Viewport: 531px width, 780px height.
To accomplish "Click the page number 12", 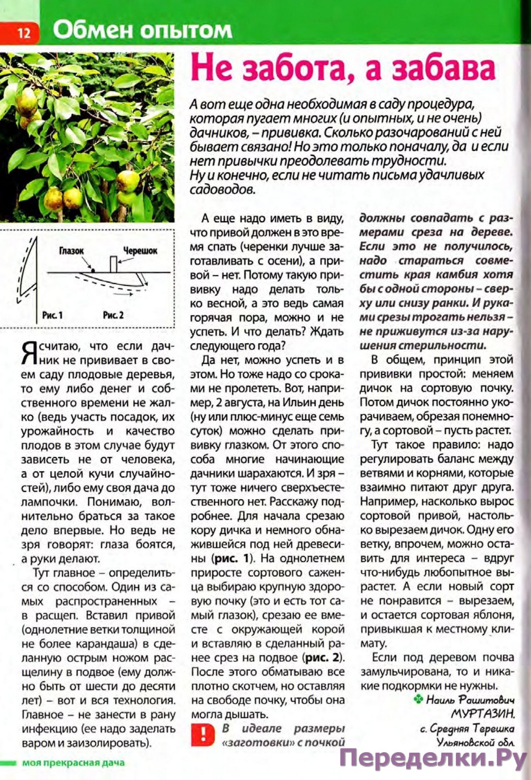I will pyautogui.click(x=23, y=32).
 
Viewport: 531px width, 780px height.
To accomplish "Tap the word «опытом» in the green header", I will pyautogui.click(x=186, y=31).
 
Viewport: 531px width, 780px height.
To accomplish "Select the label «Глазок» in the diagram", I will pyautogui.click(x=71, y=251).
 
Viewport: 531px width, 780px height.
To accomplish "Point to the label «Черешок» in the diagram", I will pyautogui.click(x=140, y=251).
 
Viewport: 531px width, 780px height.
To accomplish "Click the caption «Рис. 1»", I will pyautogui.click(x=52, y=315).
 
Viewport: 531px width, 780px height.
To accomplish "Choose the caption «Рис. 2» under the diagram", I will pyautogui.click(x=113, y=315).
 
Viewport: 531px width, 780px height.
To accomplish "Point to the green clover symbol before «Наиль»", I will pyautogui.click(x=418, y=700).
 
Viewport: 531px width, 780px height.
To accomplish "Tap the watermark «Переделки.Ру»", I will pyautogui.click(x=433, y=759).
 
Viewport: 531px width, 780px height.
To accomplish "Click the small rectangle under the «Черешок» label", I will pyautogui.click(x=114, y=264).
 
